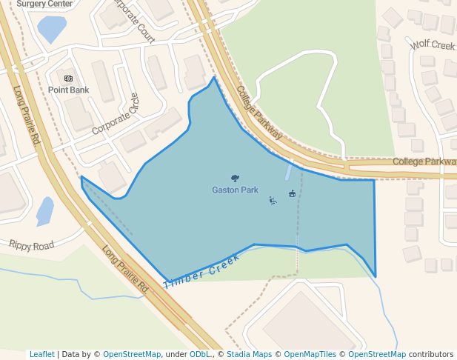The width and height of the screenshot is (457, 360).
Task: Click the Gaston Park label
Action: [235, 190]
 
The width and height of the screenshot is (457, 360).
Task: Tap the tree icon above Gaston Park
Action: [235, 179]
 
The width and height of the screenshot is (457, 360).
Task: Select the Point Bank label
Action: [68, 90]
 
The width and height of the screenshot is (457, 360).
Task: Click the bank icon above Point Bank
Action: [68, 79]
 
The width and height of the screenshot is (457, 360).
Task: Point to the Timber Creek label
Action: [201, 271]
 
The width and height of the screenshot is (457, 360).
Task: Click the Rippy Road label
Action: [31, 245]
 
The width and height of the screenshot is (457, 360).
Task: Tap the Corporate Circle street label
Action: [116, 114]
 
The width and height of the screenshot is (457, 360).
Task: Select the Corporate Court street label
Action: [134, 21]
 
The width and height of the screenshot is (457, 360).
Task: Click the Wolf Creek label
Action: [433, 46]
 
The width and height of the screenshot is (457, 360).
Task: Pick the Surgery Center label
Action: [44, 4]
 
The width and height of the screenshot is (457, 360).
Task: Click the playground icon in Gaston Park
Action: [273, 200]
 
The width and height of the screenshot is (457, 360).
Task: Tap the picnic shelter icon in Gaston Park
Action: [292, 194]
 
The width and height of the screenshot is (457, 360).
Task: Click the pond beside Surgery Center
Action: [51, 29]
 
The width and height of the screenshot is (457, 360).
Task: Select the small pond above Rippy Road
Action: [44, 211]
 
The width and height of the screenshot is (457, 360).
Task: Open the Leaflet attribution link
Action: [41, 355]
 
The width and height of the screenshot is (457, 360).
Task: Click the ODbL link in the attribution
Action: [199, 355]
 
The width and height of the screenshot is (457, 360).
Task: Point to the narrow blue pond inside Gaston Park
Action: [288, 172]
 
